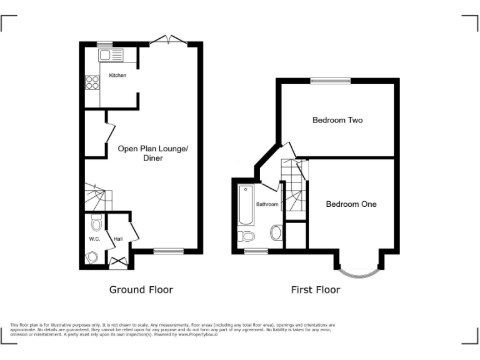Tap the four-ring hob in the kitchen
click(92, 82)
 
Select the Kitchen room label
click(117, 76)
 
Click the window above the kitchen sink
click(104, 43)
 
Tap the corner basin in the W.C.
click(92, 256)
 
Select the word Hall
click(117, 239)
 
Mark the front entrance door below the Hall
click(118, 263)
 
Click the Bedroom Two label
click(337, 120)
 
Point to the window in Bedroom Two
click(330, 80)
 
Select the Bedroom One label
click(351, 204)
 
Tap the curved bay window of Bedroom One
click(357, 271)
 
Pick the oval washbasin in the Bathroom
click(276, 234)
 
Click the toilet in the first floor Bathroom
click(247, 236)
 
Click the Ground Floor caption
click(141, 289)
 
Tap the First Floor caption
click(316, 289)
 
